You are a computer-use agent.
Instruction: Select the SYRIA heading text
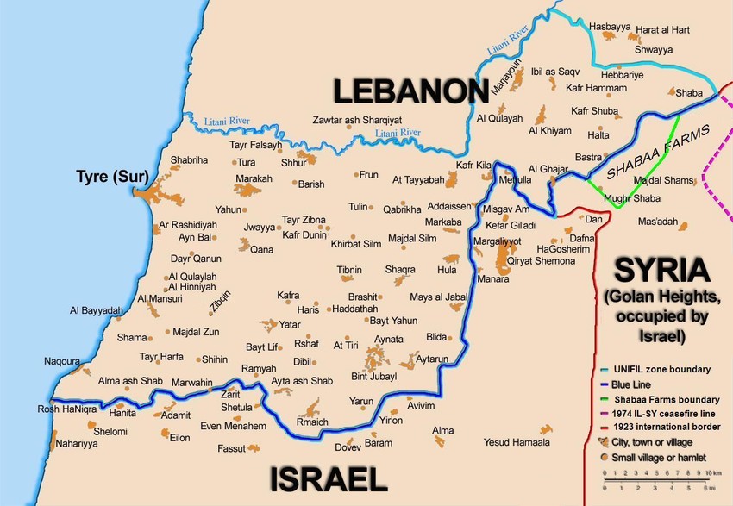[660, 270]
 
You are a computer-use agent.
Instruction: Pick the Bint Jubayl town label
[374, 377]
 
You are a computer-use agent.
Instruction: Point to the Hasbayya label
[609, 27]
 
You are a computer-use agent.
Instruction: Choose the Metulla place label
[515, 180]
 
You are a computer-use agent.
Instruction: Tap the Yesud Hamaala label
[517, 442]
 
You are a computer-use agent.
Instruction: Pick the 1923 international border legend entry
[667, 427]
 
